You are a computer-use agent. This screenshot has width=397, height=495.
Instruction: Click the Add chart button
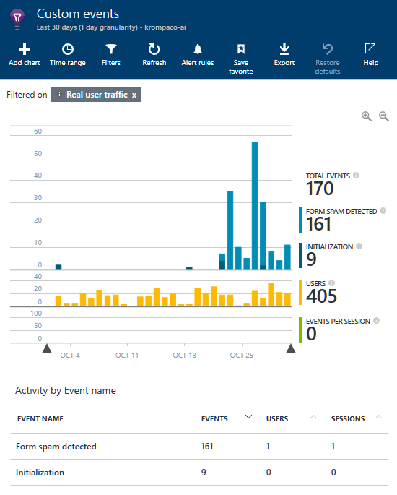[24, 55]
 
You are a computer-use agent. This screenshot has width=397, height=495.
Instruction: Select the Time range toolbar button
[67, 55]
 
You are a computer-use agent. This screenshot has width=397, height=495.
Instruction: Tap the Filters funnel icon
[111, 55]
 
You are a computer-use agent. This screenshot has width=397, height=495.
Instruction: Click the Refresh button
[154, 55]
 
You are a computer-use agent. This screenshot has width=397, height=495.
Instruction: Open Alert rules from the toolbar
[197, 55]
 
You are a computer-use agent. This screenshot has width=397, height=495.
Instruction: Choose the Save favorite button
[241, 58]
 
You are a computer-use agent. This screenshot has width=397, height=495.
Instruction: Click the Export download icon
[284, 55]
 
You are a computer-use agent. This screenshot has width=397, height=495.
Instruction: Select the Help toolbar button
[370, 55]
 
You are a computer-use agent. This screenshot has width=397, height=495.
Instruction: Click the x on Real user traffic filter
[134, 95]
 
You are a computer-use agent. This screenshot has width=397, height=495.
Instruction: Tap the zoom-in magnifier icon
[367, 116]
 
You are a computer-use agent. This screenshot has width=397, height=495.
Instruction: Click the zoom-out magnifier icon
[384, 116]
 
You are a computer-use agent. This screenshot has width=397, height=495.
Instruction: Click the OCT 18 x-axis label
[185, 356]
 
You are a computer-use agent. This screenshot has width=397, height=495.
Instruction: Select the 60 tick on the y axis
[38, 132]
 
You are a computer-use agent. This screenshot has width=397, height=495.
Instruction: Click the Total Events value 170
[320, 189]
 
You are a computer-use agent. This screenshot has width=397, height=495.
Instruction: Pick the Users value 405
[321, 296]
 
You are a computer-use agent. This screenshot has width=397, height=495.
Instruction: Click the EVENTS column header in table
[214, 418]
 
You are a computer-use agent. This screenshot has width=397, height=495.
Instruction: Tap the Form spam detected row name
[56, 447]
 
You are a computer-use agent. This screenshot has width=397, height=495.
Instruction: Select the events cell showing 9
[204, 473]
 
